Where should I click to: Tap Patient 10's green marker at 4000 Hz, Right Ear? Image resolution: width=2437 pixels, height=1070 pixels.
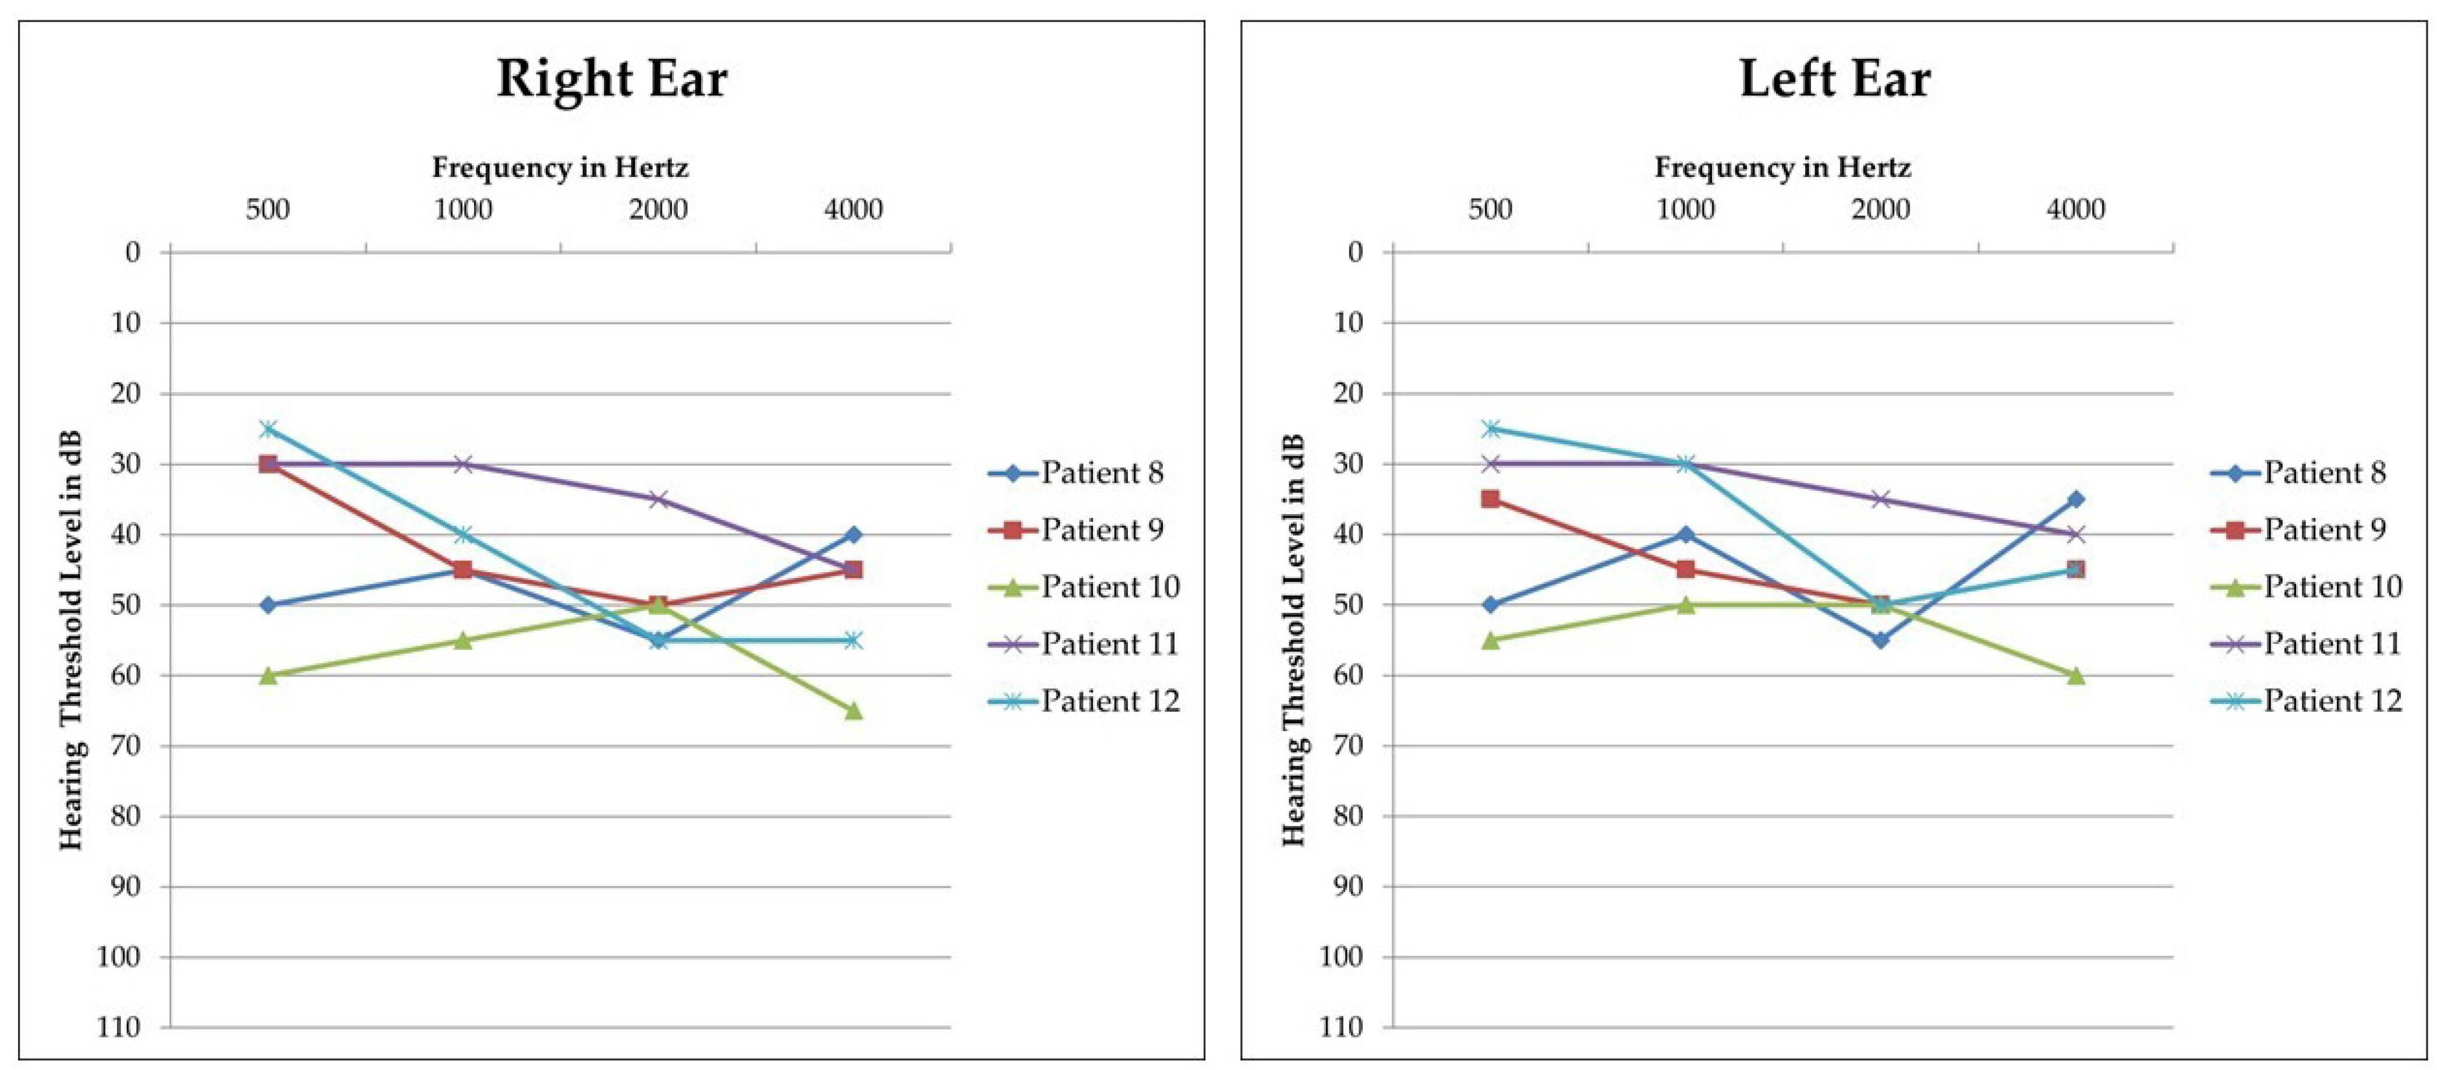click(853, 710)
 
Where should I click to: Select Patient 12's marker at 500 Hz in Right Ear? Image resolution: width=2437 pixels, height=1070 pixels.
click(268, 428)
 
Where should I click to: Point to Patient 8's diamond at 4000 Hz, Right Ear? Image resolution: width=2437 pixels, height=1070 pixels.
click(853, 534)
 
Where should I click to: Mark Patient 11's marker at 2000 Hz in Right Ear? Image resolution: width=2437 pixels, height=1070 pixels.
click(659, 498)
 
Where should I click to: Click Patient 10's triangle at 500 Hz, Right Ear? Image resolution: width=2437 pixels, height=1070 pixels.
click(268, 675)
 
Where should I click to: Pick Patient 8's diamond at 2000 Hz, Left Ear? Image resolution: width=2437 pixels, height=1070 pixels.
click(1881, 640)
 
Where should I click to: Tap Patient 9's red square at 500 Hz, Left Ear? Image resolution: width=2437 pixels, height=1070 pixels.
click(1490, 498)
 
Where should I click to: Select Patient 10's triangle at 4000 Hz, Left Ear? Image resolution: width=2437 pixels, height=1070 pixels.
click(2075, 675)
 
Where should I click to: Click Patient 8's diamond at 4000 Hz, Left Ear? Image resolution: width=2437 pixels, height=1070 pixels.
click(2075, 498)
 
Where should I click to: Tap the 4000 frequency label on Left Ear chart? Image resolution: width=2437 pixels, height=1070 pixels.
click(2075, 209)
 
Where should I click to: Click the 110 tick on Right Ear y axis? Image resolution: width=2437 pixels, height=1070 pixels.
click(119, 1028)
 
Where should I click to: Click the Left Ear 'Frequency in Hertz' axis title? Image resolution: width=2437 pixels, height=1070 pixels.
click(1782, 168)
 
